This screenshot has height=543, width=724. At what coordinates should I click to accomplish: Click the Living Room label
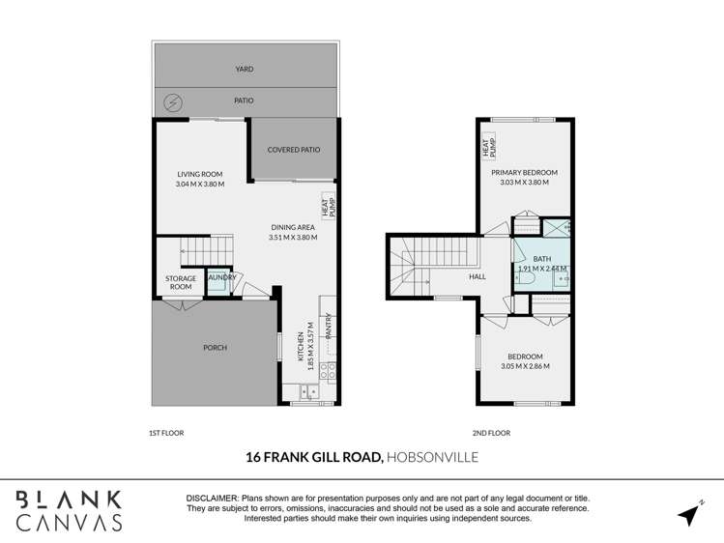200,175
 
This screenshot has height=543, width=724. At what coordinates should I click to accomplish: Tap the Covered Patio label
294,150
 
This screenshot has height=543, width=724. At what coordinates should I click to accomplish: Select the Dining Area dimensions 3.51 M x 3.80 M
293,237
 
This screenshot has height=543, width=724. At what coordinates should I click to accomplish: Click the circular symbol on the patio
173,101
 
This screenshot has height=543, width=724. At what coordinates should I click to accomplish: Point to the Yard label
245,70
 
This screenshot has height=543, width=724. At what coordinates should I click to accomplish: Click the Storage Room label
180,282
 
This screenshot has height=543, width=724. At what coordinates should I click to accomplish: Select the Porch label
215,348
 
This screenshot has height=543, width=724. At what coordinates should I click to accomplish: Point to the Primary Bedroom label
524,172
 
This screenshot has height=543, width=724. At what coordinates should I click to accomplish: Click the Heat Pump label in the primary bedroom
489,148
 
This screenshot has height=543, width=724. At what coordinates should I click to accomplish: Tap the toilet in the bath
527,278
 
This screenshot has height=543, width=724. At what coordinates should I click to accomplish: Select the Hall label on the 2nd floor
478,276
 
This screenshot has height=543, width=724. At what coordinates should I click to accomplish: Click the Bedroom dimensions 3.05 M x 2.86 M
525,366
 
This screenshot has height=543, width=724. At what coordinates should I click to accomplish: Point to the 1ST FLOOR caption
167,433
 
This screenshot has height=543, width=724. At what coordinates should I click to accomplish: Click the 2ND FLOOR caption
493,433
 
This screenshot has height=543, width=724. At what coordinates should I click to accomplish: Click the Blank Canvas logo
69,510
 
